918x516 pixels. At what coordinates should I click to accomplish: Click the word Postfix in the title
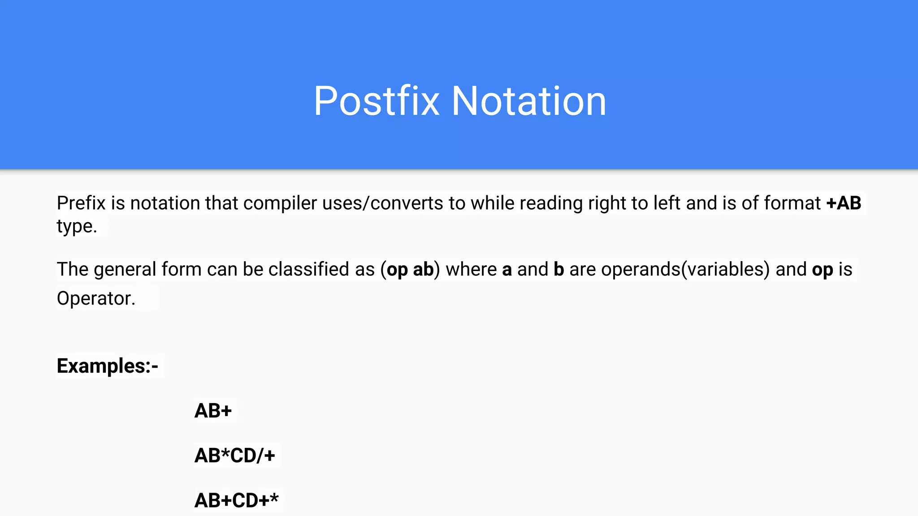click(376, 101)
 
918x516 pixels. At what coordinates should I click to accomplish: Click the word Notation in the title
click(528, 101)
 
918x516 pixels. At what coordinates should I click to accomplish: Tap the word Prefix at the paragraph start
click(81, 203)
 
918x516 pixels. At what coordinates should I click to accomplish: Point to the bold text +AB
click(844, 203)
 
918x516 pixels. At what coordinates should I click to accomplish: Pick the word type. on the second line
click(77, 227)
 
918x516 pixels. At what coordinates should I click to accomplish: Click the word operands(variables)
click(685, 270)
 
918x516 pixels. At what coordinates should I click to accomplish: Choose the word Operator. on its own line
click(96, 299)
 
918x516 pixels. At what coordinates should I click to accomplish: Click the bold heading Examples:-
click(108, 366)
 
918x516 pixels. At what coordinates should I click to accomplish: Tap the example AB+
click(213, 411)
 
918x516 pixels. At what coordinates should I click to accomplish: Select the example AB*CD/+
click(234, 456)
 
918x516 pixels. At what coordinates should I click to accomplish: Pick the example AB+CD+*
click(236, 500)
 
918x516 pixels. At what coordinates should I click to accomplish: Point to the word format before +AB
click(792, 203)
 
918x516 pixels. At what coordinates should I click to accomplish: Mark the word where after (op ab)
click(471, 270)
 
